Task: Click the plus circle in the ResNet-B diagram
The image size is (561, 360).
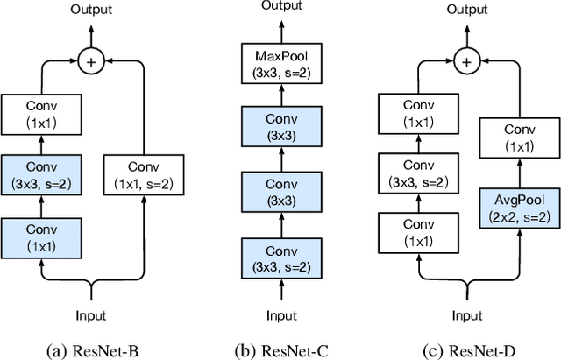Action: (x=91, y=61)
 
